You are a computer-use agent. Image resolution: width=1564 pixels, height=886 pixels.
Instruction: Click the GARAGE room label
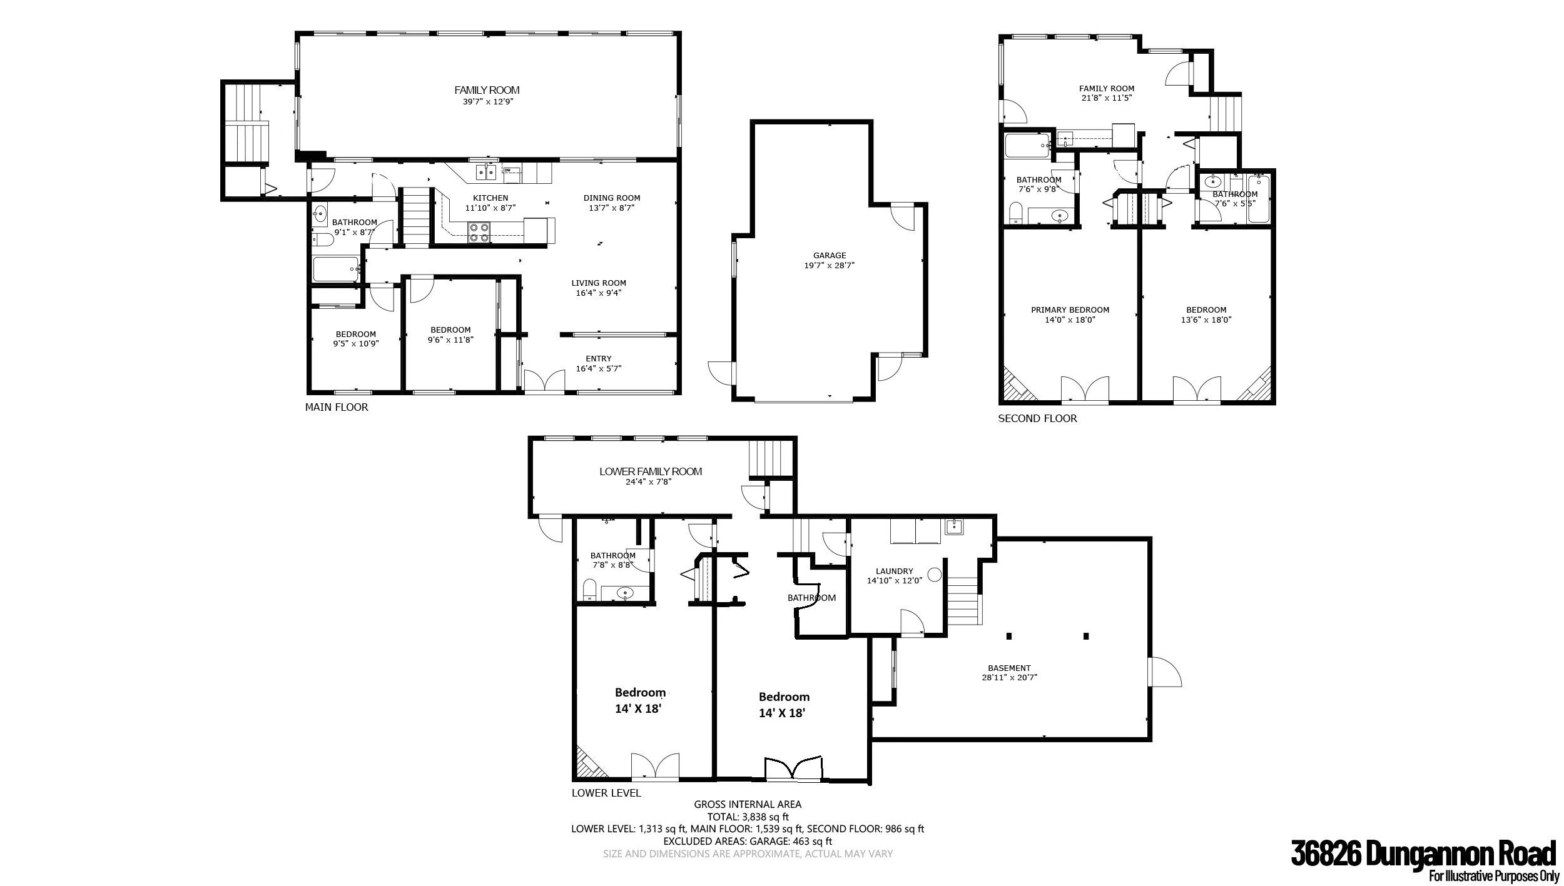(830, 255)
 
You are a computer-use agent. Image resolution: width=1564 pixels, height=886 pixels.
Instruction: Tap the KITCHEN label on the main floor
(490, 198)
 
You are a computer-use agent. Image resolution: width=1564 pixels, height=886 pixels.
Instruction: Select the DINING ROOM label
(612, 198)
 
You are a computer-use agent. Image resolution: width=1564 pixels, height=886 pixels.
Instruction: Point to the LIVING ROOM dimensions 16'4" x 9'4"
(599, 293)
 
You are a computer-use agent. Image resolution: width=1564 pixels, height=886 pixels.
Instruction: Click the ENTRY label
(599, 359)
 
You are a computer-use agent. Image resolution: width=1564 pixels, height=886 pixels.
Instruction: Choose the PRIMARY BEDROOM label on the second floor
(1070, 310)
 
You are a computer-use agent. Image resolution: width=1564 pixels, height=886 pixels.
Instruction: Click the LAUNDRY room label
(895, 571)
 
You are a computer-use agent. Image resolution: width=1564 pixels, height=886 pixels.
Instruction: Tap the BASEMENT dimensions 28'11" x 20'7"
(1009, 677)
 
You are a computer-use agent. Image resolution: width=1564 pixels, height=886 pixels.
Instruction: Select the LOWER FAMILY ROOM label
(651, 471)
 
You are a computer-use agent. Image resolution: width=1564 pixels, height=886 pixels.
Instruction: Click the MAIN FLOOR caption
(337, 408)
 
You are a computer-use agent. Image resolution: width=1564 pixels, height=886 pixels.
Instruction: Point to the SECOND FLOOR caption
(1037, 418)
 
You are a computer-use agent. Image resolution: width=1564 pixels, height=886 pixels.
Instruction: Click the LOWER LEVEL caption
(606, 793)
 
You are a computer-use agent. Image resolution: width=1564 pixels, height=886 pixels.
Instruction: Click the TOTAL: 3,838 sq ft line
(748, 817)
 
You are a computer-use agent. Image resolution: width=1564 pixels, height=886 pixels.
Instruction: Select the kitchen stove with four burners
(480, 233)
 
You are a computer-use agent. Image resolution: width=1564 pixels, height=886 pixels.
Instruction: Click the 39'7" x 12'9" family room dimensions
(487, 101)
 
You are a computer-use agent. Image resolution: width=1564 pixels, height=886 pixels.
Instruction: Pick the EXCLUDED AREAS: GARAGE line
(748, 841)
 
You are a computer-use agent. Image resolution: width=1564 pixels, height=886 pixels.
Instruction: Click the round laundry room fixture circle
(935, 575)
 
